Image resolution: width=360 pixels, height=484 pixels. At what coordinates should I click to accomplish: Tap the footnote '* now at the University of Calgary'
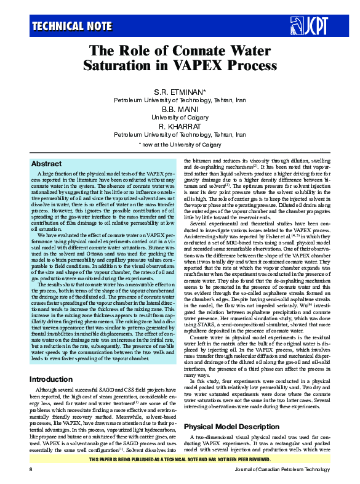pos(180,144)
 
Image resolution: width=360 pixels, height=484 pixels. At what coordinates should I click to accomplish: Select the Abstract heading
pos(46,164)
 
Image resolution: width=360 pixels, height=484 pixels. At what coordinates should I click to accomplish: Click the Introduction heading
pos(55,379)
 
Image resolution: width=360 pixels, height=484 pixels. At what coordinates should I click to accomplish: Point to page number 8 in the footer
pos(31,469)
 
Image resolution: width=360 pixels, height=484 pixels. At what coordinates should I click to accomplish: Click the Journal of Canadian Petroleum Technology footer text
pos(282,469)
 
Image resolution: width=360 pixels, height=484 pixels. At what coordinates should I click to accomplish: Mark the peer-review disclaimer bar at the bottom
pos(180,459)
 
